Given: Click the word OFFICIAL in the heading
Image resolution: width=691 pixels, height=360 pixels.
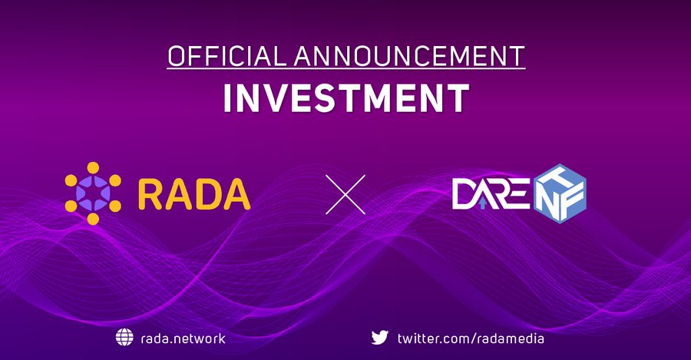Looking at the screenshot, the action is (224, 56).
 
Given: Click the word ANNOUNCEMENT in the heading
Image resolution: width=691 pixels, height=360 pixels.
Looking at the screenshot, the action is (409, 56).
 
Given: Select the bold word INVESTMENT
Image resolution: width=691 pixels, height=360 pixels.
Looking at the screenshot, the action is (346, 97).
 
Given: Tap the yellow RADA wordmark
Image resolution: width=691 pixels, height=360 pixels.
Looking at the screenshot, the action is (194, 193).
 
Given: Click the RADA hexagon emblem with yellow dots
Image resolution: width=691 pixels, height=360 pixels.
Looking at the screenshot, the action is (93, 193).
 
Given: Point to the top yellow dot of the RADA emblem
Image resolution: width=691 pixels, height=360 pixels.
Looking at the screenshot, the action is (93, 168).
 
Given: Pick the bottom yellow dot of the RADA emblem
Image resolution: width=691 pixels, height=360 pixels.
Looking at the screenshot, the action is (93, 219).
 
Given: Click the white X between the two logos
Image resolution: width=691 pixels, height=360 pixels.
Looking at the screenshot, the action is (345, 194).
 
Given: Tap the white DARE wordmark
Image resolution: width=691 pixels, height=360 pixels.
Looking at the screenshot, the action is (491, 194).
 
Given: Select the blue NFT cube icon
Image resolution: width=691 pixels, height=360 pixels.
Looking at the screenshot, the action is (560, 193).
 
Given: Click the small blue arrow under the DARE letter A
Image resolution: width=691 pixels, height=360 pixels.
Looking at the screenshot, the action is (484, 203).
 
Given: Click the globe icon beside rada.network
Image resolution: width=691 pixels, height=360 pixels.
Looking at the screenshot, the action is (124, 338).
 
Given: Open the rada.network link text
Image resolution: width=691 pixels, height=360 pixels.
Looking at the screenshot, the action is (183, 339).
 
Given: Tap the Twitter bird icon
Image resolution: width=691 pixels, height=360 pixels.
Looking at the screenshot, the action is (379, 338).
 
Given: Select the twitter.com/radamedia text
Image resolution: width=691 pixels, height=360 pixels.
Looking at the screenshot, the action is (471, 339).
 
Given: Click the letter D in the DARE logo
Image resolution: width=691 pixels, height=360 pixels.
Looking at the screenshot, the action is (463, 194).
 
